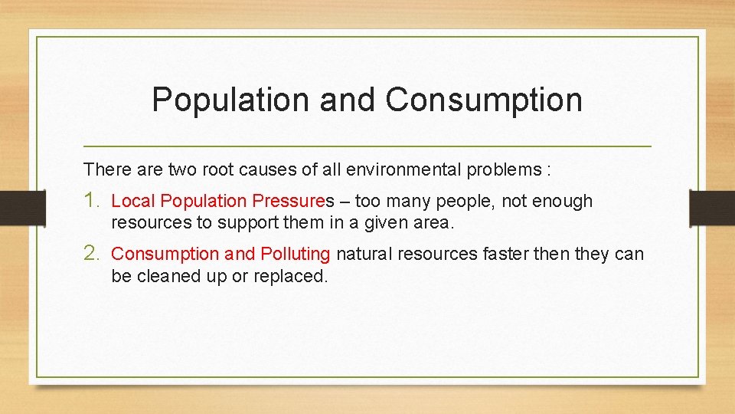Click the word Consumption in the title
pos(484,100)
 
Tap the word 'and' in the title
pos(349,100)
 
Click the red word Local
pos(134,202)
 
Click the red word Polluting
pos(295,254)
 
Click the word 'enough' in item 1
pos(565,202)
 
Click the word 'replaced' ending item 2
pos(296,276)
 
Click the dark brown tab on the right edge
pos(712,207)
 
